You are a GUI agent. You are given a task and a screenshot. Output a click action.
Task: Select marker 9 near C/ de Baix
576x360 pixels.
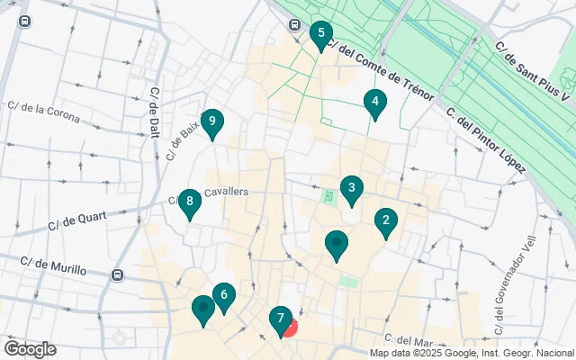(211, 121)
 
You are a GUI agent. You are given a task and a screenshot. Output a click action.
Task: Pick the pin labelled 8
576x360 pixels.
(189, 202)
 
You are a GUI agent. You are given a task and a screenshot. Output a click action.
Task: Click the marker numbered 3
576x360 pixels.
(352, 189)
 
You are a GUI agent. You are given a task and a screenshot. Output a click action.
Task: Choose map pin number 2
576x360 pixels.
(386, 220)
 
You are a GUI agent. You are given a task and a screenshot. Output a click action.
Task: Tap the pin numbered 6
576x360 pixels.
(223, 295)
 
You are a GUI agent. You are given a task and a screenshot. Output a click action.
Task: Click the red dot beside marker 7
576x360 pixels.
(290, 328)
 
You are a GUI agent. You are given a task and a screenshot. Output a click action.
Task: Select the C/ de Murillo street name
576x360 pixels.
(53, 266)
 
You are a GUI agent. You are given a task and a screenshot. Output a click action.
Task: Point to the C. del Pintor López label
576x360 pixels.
(486, 140)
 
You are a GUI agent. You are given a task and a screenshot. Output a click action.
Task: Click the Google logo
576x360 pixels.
(30, 349)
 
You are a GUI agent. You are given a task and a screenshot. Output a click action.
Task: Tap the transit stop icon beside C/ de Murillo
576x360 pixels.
(117, 274)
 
